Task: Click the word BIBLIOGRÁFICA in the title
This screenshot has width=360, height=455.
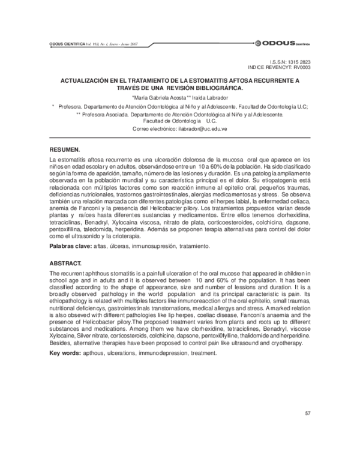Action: [215, 87]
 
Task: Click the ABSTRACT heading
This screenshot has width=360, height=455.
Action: [67, 264]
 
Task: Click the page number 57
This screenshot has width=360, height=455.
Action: [307, 414]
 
